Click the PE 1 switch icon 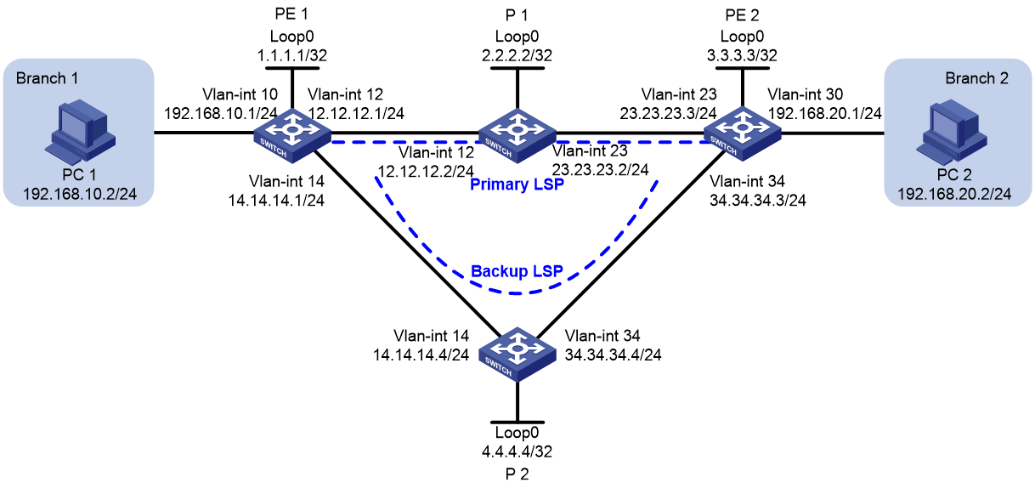point(292,136)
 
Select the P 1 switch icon point(517,136)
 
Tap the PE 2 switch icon point(742,134)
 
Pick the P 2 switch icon point(517,354)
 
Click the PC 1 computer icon point(80,132)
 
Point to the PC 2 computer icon point(952,132)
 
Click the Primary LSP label point(517,184)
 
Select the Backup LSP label point(517,271)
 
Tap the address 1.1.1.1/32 point(292,55)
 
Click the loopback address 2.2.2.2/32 point(517,55)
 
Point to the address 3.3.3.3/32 point(742,55)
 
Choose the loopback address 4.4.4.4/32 point(517,451)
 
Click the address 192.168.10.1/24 point(221,113)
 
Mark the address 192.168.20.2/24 point(954,194)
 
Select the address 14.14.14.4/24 point(421,355)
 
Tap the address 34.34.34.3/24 point(758,201)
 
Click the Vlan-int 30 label point(806,94)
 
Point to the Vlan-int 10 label point(240,94)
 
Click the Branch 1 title point(47,78)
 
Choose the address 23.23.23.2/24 point(600,170)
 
